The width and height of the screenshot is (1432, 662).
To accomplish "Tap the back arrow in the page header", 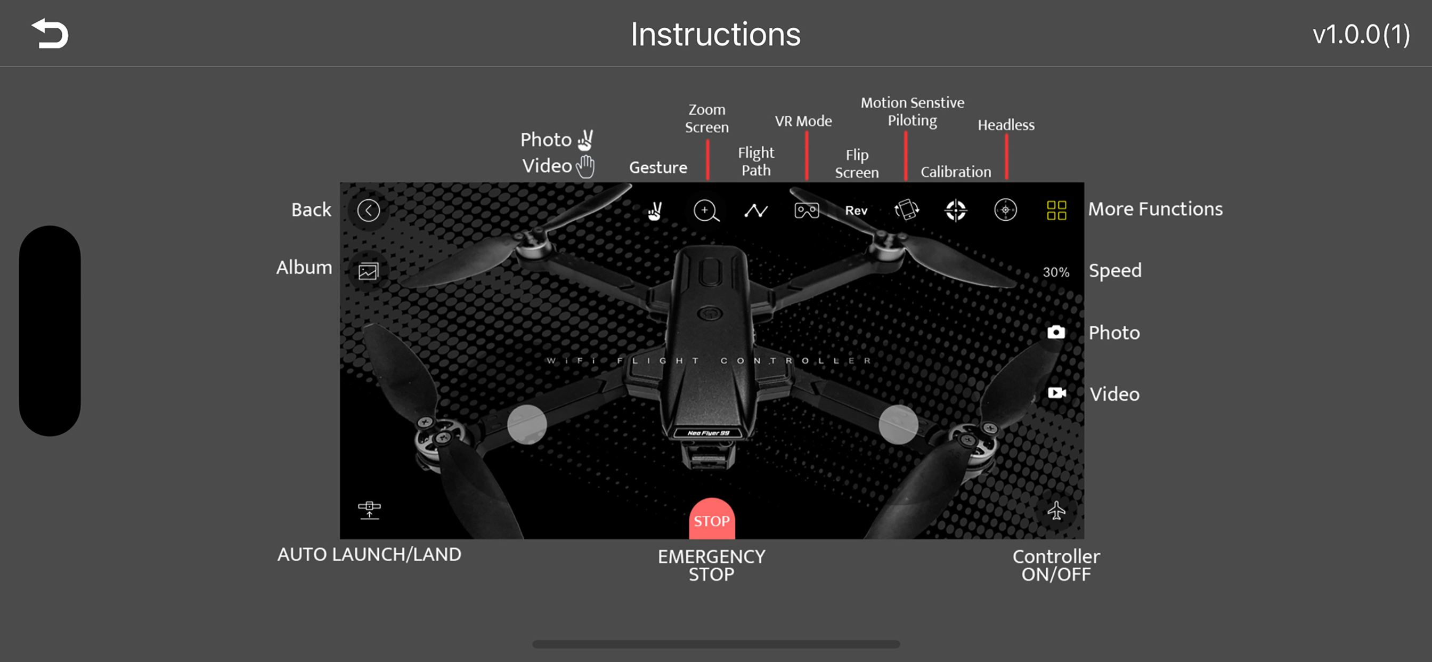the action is click(50, 34).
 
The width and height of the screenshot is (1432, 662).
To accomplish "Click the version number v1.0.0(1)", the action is click(1361, 35).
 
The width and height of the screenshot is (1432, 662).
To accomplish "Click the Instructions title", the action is click(715, 35).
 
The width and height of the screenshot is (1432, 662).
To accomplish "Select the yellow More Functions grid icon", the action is click(1056, 211).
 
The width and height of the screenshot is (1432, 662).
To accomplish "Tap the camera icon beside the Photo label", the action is click(1056, 332).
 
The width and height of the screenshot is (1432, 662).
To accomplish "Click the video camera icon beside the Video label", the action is click(1056, 393).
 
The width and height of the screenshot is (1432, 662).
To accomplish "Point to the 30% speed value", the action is click(1056, 272).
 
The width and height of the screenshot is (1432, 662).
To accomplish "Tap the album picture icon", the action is click(368, 271).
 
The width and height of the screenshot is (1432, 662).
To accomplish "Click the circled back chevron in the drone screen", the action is click(368, 211).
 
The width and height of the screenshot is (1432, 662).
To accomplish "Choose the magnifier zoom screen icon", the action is click(706, 211).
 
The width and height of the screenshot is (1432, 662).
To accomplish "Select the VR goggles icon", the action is click(806, 211).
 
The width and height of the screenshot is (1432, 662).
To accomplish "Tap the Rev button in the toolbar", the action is click(856, 211).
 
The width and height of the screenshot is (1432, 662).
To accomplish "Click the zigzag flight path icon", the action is click(756, 211).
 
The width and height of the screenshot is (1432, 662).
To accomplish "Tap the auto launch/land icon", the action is click(369, 510).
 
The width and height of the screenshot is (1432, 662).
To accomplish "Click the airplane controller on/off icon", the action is click(1056, 510).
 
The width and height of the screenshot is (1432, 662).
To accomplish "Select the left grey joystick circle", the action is click(527, 424).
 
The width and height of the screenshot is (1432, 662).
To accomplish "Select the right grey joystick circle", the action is click(898, 424).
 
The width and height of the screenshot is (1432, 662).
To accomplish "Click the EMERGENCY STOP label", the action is click(712, 565).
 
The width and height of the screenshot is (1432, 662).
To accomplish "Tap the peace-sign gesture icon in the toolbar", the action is click(655, 211).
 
